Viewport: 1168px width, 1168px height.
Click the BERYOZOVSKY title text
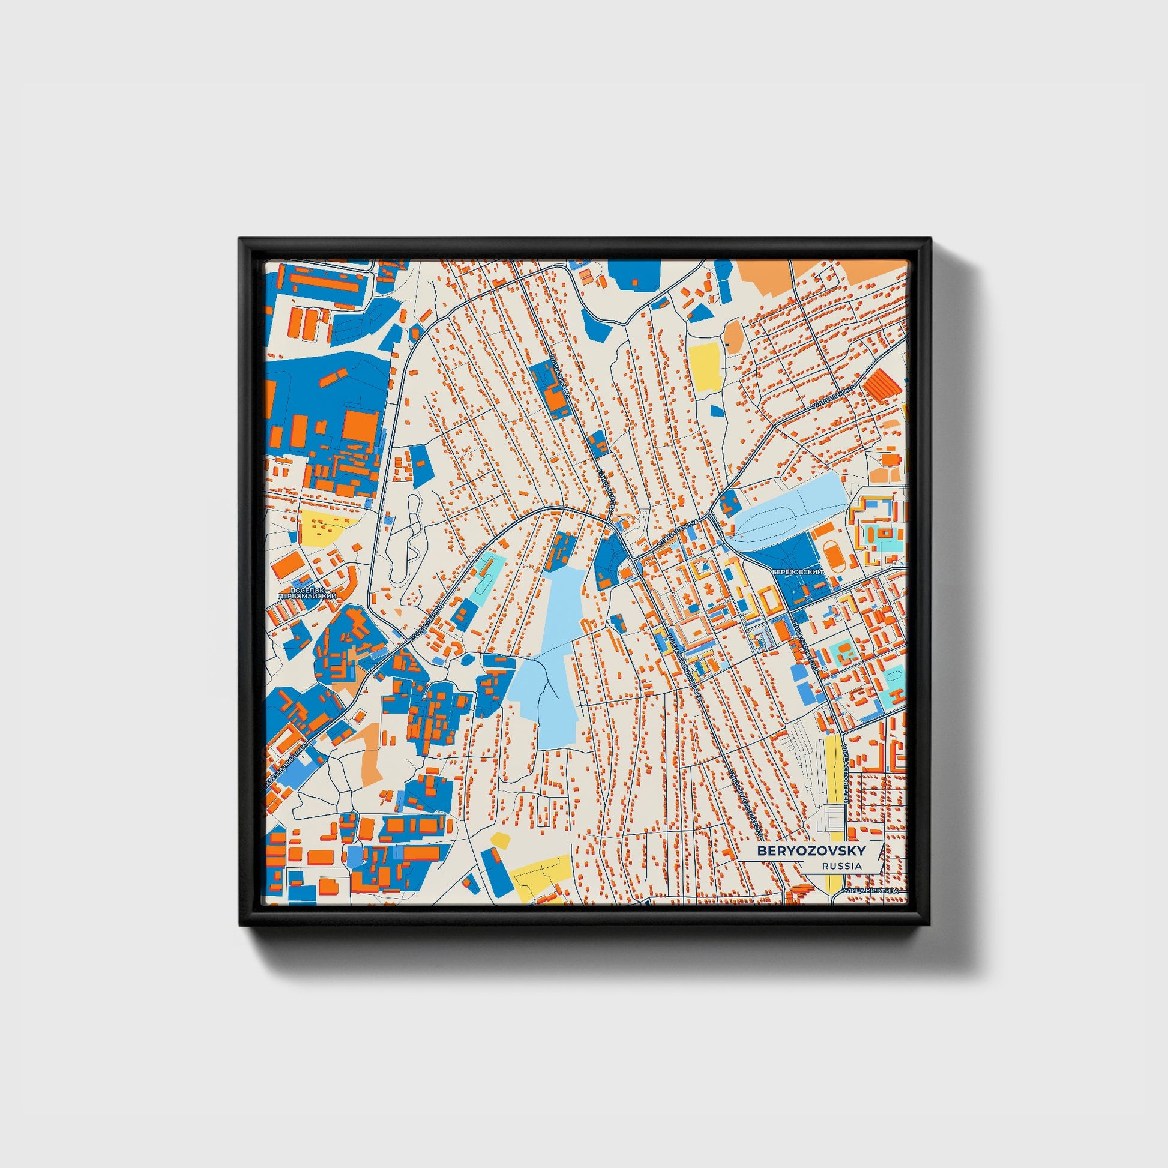(811, 850)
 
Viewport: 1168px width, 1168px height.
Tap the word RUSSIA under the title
(841, 865)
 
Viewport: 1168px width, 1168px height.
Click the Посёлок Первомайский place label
(307, 593)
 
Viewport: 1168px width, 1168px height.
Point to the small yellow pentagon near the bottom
(500, 840)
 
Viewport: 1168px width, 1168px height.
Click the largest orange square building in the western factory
(360, 427)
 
